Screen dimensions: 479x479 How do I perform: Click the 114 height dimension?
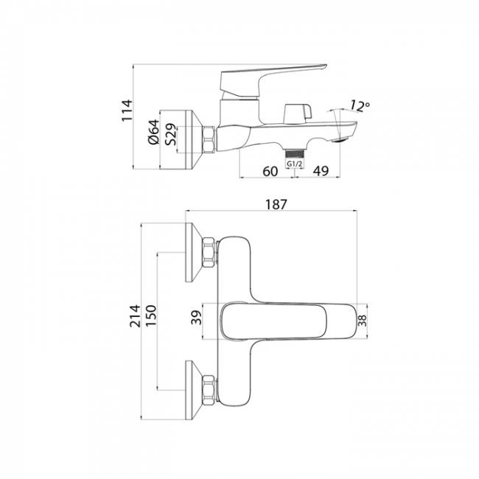(x=127, y=111)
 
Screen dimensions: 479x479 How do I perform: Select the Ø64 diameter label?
(x=154, y=132)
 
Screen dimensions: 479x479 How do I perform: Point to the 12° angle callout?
(x=360, y=105)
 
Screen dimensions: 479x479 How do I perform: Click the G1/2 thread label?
(x=295, y=164)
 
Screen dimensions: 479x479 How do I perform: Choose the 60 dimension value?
(x=270, y=171)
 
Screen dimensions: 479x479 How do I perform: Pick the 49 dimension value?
(x=321, y=171)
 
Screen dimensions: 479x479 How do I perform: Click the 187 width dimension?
(x=276, y=204)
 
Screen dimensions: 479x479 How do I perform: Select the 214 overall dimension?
(x=135, y=316)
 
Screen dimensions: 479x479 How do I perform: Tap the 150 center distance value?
(x=150, y=315)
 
